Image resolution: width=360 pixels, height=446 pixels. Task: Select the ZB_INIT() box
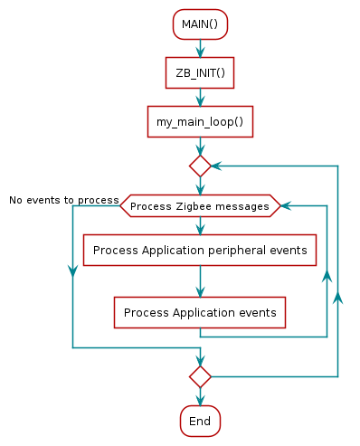[200, 73]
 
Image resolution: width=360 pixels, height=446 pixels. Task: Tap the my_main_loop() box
[200, 121]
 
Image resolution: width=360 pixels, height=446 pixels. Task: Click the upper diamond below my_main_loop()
[200, 166]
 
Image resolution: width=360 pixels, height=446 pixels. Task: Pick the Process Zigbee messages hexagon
[200, 206]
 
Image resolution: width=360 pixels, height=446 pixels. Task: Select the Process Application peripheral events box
[200, 250]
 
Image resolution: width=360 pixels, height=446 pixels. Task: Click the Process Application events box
[200, 312]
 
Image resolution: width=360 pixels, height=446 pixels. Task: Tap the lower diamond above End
[200, 375]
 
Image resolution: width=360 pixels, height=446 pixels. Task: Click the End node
[200, 421]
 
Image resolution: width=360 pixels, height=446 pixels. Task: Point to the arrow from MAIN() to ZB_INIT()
[200, 49]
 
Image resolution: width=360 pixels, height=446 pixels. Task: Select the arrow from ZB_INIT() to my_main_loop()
[200, 97]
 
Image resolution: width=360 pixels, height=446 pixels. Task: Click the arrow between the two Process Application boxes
[200, 281]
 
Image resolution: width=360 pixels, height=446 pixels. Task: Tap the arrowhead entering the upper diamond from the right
[217, 166]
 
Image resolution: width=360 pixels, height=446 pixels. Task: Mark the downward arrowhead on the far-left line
[72, 272]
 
